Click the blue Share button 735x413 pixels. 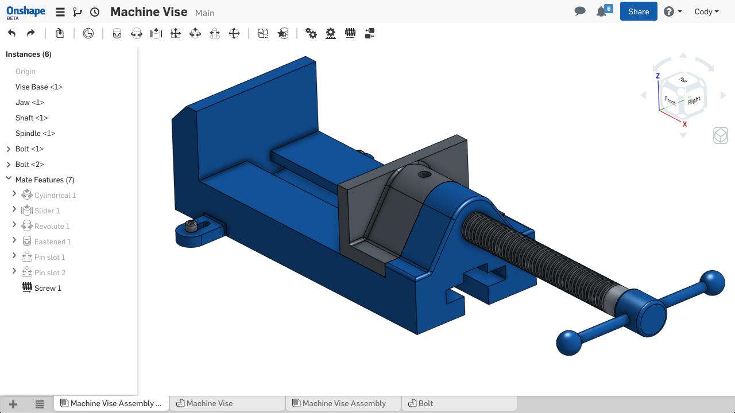tap(638, 11)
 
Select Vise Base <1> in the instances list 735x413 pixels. tap(38, 87)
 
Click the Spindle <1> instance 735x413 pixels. tap(35, 134)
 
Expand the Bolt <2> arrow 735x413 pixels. tap(9, 165)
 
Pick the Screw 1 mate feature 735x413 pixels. tap(48, 288)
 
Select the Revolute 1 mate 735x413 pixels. tap(52, 226)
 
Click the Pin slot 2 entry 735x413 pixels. tap(50, 272)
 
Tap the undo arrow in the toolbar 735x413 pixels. tap(12, 33)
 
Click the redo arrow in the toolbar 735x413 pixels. tap(31, 33)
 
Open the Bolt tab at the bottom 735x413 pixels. tap(426, 403)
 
